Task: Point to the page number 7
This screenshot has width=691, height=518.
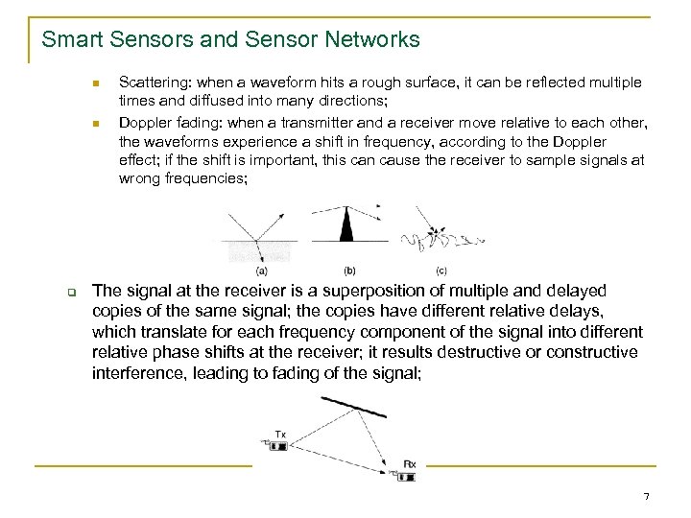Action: pyautogui.click(x=646, y=496)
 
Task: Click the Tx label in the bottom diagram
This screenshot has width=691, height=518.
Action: pyautogui.click(x=280, y=435)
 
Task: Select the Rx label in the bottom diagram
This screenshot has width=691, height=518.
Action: pyautogui.click(x=410, y=464)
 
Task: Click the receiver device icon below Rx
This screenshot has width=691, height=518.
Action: pyautogui.click(x=405, y=475)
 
